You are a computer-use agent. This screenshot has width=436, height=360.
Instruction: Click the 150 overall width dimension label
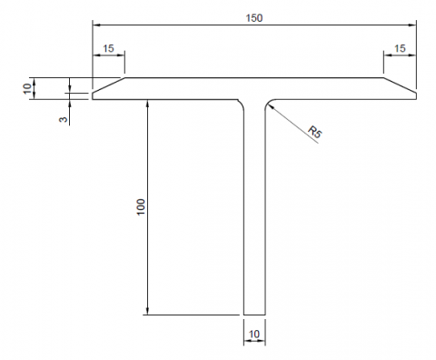254,18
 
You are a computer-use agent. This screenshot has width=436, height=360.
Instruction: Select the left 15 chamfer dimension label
108,48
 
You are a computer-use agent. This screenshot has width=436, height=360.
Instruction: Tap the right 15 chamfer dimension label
400,48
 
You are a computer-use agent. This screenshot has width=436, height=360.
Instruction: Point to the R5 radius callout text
315,133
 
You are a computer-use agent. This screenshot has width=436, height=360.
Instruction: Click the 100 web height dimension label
141,207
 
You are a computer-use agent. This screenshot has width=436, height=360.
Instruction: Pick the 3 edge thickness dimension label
63,119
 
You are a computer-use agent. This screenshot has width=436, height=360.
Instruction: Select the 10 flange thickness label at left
27,88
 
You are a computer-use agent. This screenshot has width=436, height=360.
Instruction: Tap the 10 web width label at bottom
254,334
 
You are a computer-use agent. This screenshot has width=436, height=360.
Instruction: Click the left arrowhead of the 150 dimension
96,25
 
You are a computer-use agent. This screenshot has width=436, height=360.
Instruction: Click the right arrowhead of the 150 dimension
412,25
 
